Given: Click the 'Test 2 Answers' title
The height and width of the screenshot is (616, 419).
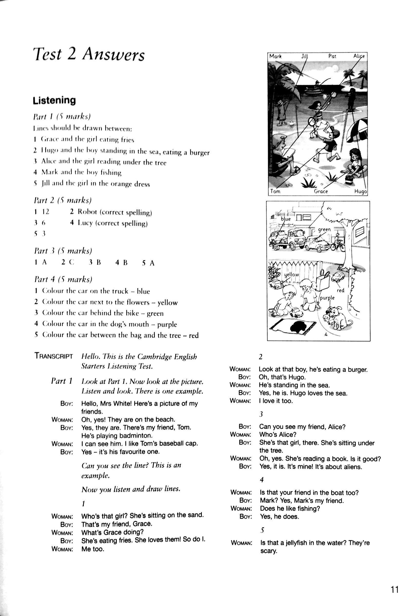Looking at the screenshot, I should click(89, 55).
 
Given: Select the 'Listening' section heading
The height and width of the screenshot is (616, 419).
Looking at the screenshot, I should click(54, 100).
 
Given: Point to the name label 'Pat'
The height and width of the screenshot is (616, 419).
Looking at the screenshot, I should click(332, 56).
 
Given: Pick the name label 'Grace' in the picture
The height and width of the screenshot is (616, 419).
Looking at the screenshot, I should click(321, 191).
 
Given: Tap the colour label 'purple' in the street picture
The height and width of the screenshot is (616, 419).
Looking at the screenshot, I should click(327, 298).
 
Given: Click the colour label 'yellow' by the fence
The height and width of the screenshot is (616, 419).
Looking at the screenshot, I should click(291, 275).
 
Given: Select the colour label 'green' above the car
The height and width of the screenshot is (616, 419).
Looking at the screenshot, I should click(324, 229).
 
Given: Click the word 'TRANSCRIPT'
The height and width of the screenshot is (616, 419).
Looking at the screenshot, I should click(54, 356).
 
